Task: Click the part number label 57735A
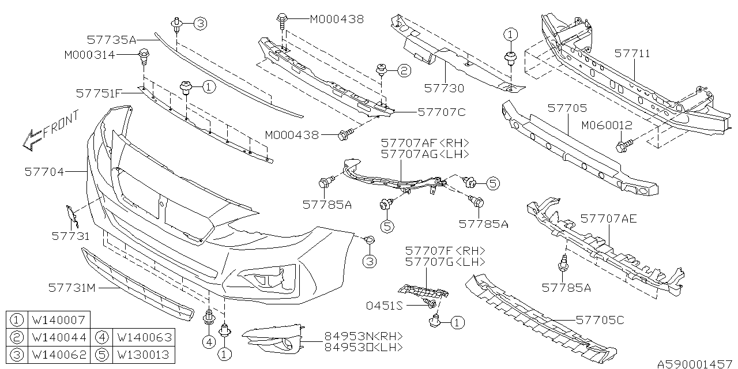pos(112,40)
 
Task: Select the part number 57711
pos(632,54)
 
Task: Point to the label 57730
pos(444,88)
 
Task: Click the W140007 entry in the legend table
pos(60,319)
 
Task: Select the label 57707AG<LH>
pos(424,155)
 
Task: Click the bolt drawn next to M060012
pos(623,145)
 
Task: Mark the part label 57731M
pos(71,287)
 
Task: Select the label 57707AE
pos(609,219)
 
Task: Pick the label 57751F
pos(99,92)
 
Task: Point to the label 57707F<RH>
pos(445,251)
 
